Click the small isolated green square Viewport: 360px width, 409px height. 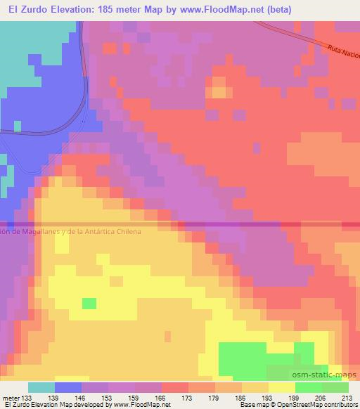(89, 303)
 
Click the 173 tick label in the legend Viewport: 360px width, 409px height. (188, 398)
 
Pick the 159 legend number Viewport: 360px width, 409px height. (134, 398)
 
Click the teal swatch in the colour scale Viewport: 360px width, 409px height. (41, 387)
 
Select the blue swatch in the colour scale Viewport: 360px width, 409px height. (68, 387)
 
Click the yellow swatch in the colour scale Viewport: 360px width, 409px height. (282, 387)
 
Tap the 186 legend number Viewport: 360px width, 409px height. (241, 398)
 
